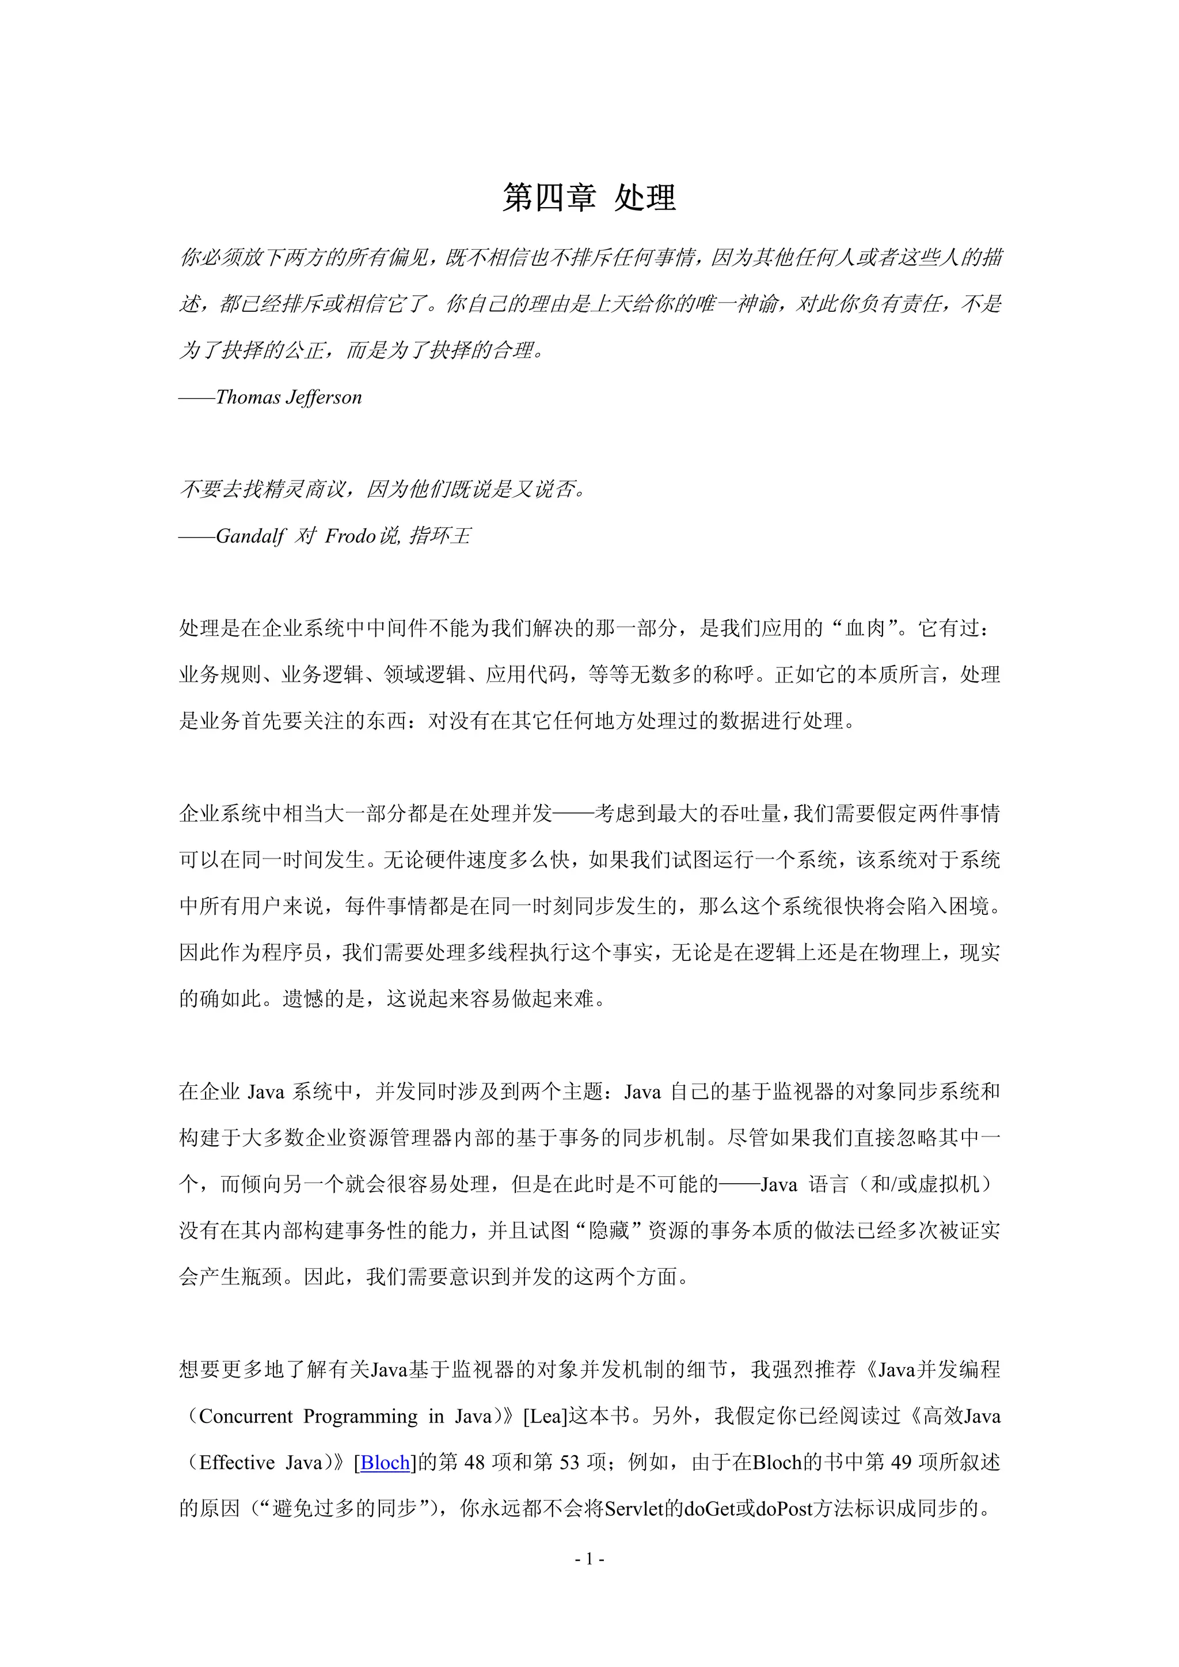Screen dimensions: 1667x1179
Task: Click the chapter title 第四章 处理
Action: coord(589,198)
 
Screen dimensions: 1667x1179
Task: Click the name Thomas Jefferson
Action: coord(288,397)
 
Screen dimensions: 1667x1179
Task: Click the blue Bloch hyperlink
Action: coord(385,1462)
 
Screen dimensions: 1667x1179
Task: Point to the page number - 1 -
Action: coord(589,1558)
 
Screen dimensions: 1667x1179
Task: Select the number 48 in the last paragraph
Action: coord(474,1462)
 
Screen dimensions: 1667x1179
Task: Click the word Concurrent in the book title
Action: coord(246,1416)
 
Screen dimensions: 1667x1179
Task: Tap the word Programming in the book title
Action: coord(360,1416)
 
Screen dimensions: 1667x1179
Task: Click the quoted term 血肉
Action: coord(865,628)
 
